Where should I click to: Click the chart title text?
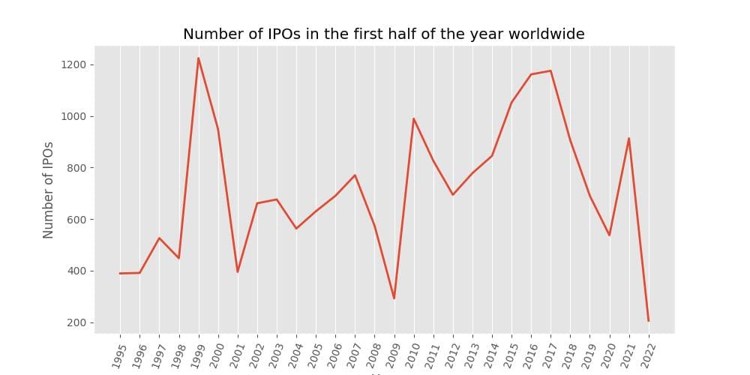[x=383, y=34]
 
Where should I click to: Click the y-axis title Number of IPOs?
[x=49, y=189]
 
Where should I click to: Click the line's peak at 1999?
[x=199, y=58]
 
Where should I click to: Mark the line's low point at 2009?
[x=394, y=298]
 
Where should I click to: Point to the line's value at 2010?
[x=414, y=118]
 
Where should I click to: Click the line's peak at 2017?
[x=550, y=70]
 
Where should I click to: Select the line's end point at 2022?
[x=649, y=321]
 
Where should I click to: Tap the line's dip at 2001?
[x=238, y=271]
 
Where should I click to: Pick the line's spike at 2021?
[x=628, y=138]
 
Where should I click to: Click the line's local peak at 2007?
[x=355, y=175]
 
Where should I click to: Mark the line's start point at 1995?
[x=120, y=273]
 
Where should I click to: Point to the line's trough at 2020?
[x=609, y=235]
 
